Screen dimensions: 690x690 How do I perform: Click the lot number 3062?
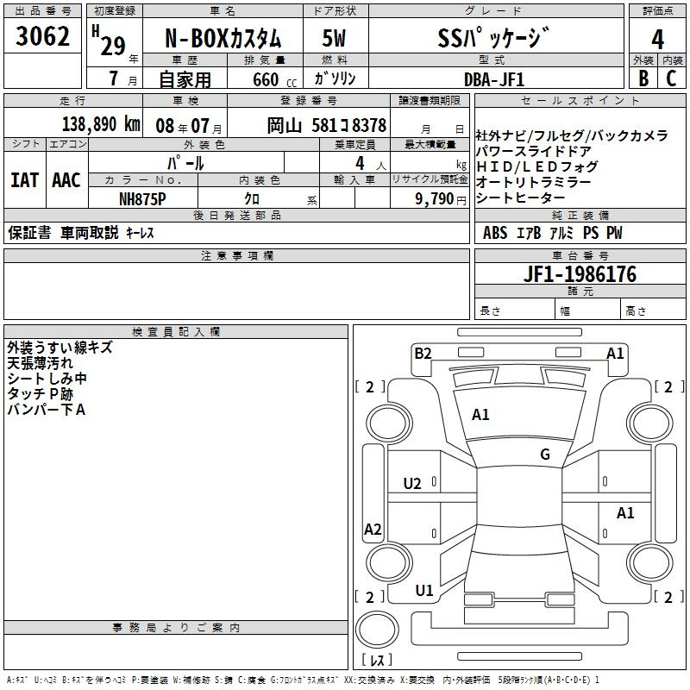tap(42, 36)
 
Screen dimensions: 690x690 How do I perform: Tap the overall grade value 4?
tap(657, 39)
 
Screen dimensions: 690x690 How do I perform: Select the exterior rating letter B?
tap(643, 78)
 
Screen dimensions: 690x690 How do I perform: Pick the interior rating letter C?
tap(671, 78)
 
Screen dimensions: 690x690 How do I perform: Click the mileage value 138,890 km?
tap(101, 124)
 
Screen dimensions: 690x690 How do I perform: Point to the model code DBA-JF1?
tap(494, 79)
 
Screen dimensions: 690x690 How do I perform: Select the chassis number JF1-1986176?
tap(580, 274)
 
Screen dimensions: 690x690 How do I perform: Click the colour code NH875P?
tap(142, 199)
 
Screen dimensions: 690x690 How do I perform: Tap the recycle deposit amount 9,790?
tap(435, 199)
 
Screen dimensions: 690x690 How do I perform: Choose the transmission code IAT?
tap(25, 180)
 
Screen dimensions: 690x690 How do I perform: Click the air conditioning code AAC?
tap(66, 180)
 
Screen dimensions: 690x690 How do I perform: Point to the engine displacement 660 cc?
tap(274, 80)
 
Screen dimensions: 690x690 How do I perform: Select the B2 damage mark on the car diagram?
tap(423, 354)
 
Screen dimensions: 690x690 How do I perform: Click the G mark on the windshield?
tap(545, 455)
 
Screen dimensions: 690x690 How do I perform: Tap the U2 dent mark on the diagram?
tap(412, 484)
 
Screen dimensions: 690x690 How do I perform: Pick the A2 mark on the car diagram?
tap(373, 530)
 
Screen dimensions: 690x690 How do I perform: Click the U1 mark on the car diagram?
tap(424, 591)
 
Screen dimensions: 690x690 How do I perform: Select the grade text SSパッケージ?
tap(493, 38)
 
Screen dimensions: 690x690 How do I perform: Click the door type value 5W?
tap(334, 38)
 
